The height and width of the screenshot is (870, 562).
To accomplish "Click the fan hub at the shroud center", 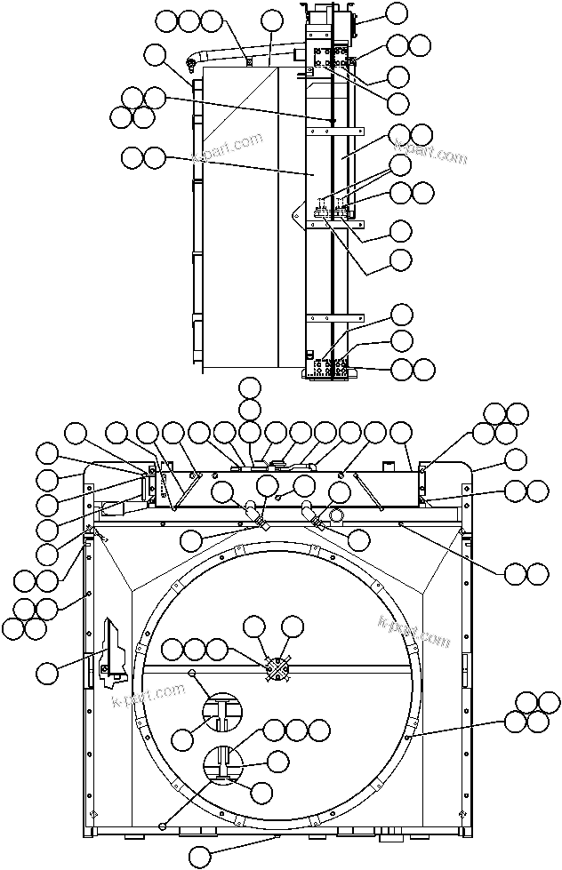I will (279, 669).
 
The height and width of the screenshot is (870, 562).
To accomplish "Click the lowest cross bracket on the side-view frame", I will (334, 318).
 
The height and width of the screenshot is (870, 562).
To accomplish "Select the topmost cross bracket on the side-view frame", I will (334, 131).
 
